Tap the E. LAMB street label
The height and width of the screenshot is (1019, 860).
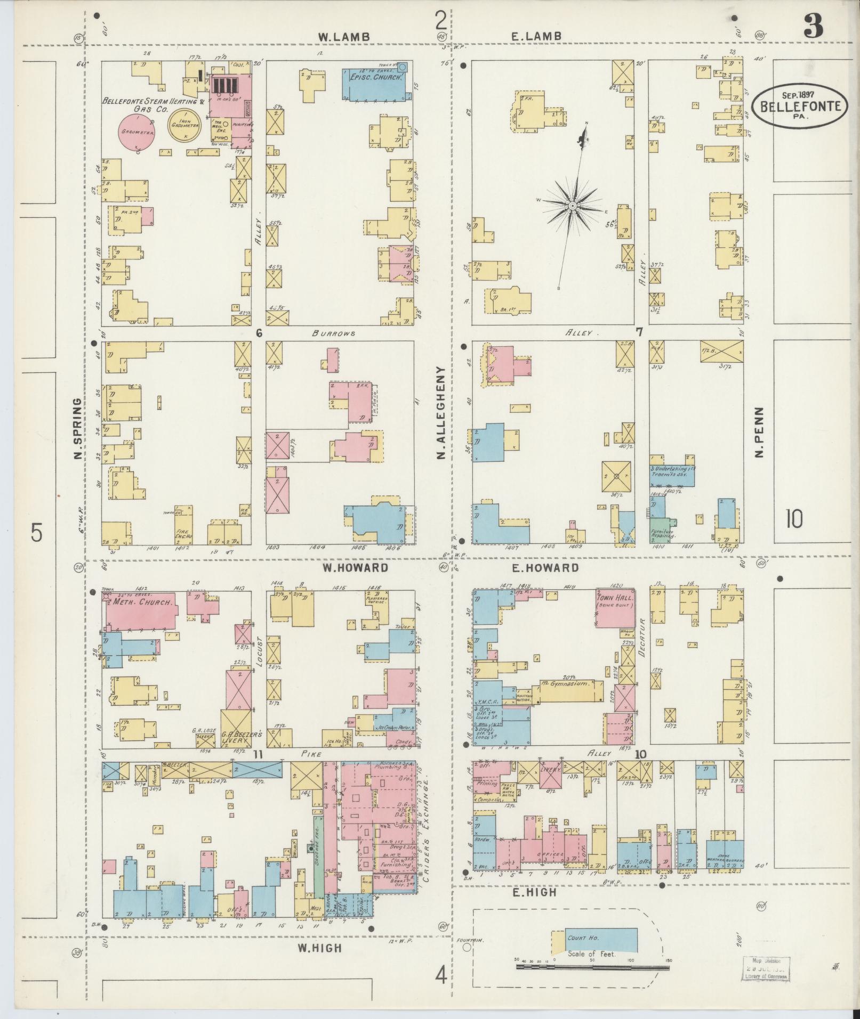click(536, 36)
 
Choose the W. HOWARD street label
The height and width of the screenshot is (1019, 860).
click(355, 568)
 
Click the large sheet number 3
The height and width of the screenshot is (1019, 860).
click(813, 25)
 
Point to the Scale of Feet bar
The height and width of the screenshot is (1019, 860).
click(592, 966)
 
